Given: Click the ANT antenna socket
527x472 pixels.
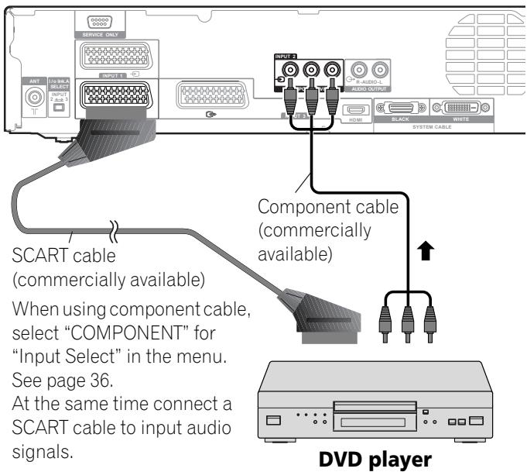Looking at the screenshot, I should [34, 98].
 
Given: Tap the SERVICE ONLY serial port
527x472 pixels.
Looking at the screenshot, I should [98, 24].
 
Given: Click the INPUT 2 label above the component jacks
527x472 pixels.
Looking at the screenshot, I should [286, 57].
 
